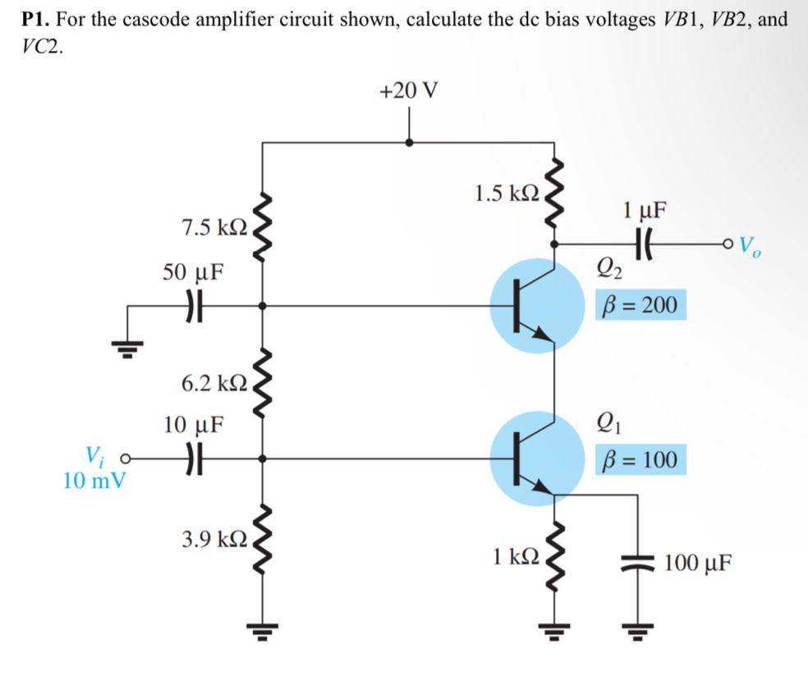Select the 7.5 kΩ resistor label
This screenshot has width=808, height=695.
click(212, 227)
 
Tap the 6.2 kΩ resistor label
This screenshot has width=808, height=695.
click(212, 383)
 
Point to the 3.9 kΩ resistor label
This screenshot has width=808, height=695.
click(212, 540)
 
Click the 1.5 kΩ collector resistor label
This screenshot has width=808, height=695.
click(507, 194)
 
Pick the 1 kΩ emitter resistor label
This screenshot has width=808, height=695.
click(516, 556)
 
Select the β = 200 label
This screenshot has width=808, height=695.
click(641, 306)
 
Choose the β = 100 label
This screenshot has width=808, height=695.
click(641, 460)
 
